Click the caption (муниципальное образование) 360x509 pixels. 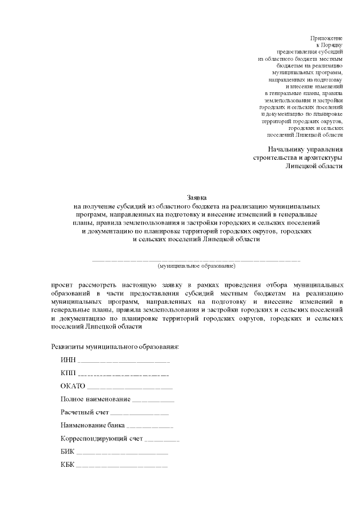click(x=196, y=265)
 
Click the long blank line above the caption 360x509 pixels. click(x=196, y=260)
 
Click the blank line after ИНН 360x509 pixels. click(x=123, y=362)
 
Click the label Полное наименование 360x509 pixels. click(x=95, y=399)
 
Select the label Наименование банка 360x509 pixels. click(x=92, y=425)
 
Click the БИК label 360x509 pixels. click(x=67, y=452)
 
